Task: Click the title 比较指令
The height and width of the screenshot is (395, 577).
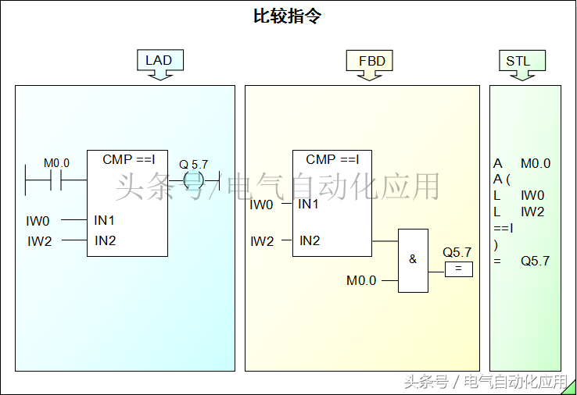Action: [x=288, y=16]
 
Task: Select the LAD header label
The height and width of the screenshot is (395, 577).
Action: [x=159, y=60]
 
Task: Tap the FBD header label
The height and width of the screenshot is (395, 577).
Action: [x=371, y=60]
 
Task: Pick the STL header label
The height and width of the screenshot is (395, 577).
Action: [x=518, y=61]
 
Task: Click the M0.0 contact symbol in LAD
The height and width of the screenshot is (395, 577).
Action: [x=56, y=180]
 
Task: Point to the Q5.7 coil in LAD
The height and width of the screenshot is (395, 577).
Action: [x=193, y=180]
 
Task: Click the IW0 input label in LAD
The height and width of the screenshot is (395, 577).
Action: [x=38, y=221]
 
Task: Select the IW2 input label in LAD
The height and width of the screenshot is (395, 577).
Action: [x=39, y=241]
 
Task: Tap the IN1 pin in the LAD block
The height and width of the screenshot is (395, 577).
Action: [x=105, y=221]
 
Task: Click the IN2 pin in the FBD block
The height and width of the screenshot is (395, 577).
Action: [x=310, y=241]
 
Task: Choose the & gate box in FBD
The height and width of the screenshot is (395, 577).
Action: [x=413, y=261]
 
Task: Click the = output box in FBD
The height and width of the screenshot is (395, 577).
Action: [x=459, y=269]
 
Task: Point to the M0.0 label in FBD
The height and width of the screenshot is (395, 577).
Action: [x=361, y=280]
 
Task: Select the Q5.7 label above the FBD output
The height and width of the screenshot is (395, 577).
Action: [x=457, y=252]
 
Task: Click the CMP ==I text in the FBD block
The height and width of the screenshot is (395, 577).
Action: [x=332, y=159]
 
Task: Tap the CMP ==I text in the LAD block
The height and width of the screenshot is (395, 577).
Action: [x=129, y=159]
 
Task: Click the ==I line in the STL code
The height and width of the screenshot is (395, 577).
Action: [x=504, y=228]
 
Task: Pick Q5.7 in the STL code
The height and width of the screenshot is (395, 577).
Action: [x=536, y=261]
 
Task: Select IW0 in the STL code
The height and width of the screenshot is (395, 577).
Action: [x=533, y=195]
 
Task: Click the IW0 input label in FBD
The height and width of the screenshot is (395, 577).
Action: [x=261, y=205]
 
